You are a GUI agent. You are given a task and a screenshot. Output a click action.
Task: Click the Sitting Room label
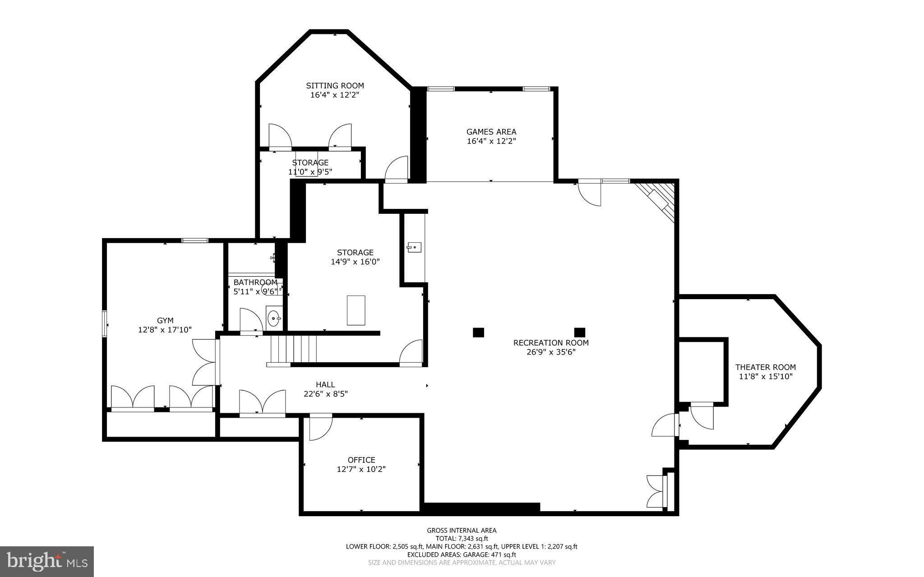click(x=335, y=86)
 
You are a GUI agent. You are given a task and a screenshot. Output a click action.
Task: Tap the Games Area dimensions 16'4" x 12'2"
click(x=491, y=141)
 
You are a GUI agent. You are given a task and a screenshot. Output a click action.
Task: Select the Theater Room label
click(x=765, y=367)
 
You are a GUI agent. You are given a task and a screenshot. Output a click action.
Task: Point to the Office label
click(x=361, y=460)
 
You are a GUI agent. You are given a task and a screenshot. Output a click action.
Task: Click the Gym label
click(x=165, y=321)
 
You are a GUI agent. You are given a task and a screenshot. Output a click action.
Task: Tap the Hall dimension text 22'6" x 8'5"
click(x=325, y=394)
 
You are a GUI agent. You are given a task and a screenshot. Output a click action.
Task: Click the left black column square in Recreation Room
click(x=478, y=332)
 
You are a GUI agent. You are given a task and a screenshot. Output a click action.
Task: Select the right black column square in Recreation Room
click(x=579, y=332)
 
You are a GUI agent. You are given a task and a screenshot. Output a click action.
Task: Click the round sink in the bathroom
click(x=273, y=319)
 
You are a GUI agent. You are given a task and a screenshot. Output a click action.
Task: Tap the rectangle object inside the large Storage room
click(x=356, y=310)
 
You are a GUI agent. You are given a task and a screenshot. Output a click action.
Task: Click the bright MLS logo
click(x=47, y=561)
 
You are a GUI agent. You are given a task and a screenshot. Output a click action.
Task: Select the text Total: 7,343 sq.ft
click(x=462, y=539)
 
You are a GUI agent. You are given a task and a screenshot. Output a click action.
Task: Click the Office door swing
click(x=319, y=427)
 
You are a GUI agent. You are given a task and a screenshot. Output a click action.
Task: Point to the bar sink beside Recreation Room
click(x=414, y=247)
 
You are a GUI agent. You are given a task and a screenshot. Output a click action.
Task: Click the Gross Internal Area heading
click(x=462, y=531)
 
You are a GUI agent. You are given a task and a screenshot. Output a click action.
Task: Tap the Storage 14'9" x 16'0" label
click(x=355, y=257)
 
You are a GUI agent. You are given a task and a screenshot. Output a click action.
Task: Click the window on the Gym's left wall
click(x=105, y=323)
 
